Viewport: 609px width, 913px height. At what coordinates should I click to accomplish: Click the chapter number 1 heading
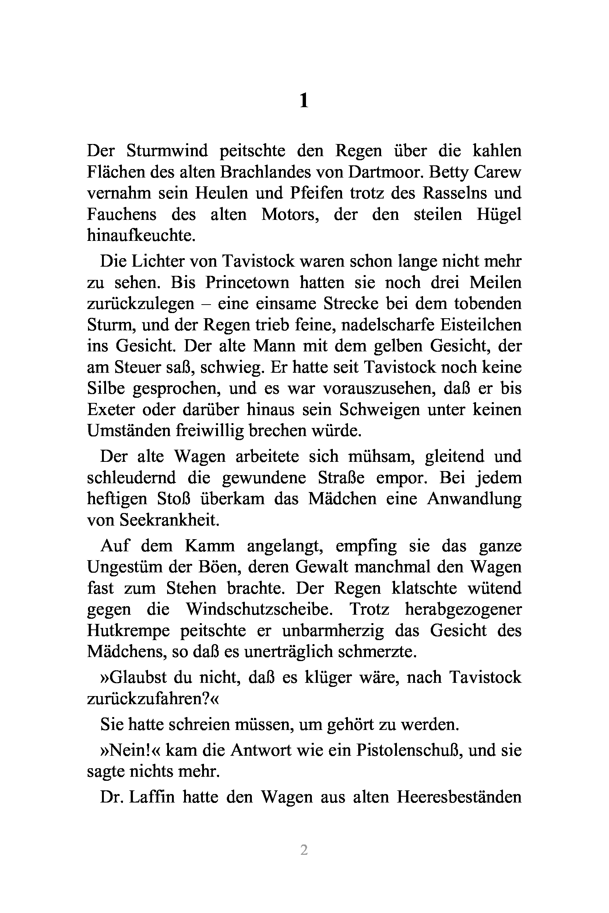pyautogui.click(x=304, y=101)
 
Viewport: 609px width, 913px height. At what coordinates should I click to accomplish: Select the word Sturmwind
pyautogui.click(x=167, y=151)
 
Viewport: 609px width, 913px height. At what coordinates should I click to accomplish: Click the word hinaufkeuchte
pyautogui.click(x=141, y=235)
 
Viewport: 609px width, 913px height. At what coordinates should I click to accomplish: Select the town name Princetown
pyautogui.click(x=247, y=282)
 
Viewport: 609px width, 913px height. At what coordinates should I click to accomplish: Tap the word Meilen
pyautogui.click(x=495, y=282)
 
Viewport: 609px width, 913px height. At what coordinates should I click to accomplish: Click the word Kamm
pyautogui.click(x=210, y=546)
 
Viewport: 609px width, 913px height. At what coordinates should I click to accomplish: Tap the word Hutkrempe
pyautogui.click(x=128, y=631)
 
